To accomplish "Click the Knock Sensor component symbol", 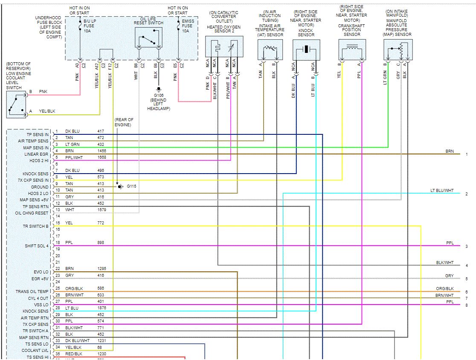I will point(306,50).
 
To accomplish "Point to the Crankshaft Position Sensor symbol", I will point(352,50).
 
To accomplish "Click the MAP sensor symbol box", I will point(398,50).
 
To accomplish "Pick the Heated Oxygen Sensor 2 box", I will point(224,46).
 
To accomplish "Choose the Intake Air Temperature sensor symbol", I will point(270,50).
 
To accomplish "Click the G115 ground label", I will point(131,186).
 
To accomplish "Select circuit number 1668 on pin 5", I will point(101,157).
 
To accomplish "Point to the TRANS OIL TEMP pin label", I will point(32,292).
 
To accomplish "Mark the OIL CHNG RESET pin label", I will point(32,213).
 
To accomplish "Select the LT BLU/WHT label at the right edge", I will point(442,191).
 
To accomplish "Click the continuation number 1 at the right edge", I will point(467,154).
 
